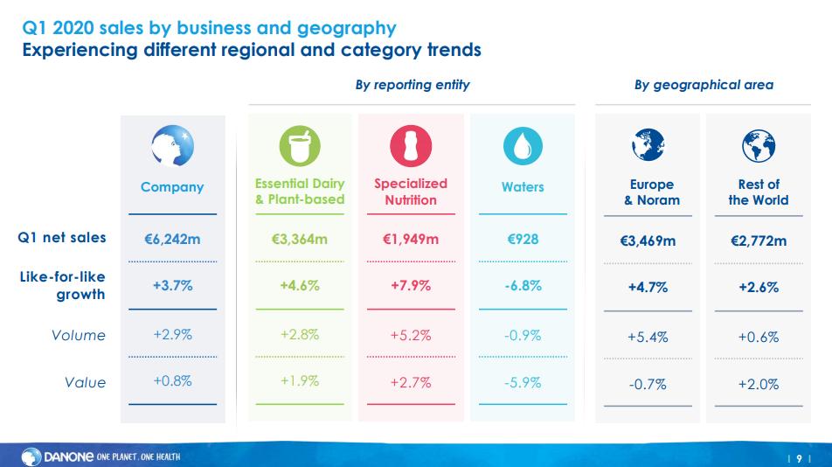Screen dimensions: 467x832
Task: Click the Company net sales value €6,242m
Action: (x=172, y=238)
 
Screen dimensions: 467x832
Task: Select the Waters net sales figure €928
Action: (x=523, y=237)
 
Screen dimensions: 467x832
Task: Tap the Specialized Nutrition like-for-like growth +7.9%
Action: (x=410, y=285)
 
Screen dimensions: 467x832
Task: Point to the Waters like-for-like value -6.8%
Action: (x=523, y=285)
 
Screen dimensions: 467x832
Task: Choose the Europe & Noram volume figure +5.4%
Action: (x=648, y=337)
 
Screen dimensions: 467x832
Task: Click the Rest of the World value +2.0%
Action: (x=758, y=383)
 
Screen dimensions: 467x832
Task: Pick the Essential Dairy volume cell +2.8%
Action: (x=300, y=334)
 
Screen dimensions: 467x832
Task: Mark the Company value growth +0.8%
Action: (x=172, y=380)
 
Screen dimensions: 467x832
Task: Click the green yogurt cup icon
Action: (x=300, y=146)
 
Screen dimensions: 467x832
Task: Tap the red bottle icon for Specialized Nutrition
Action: (x=410, y=146)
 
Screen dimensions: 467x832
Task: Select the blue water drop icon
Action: (x=523, y=146)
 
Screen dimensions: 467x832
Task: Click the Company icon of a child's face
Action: (x=172, y=146)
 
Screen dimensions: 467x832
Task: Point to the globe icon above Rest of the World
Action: (x=758, y=147)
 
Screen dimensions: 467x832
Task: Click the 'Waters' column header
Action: (x=523, y=186)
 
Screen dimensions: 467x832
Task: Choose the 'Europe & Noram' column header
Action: (x=652, y=192)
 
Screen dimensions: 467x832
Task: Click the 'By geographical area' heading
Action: (x=703, y=85)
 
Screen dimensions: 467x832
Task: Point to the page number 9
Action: (x=799, y=457)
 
